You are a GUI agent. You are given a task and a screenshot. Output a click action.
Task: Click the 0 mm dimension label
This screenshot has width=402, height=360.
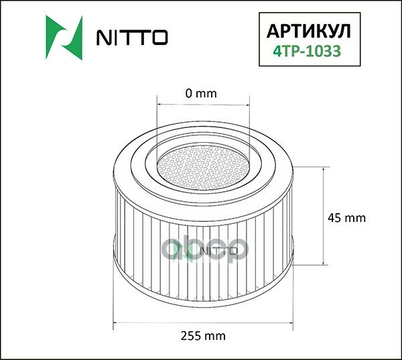click(201, 93)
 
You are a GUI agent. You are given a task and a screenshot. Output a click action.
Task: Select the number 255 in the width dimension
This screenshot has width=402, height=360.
click(192, 335)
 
